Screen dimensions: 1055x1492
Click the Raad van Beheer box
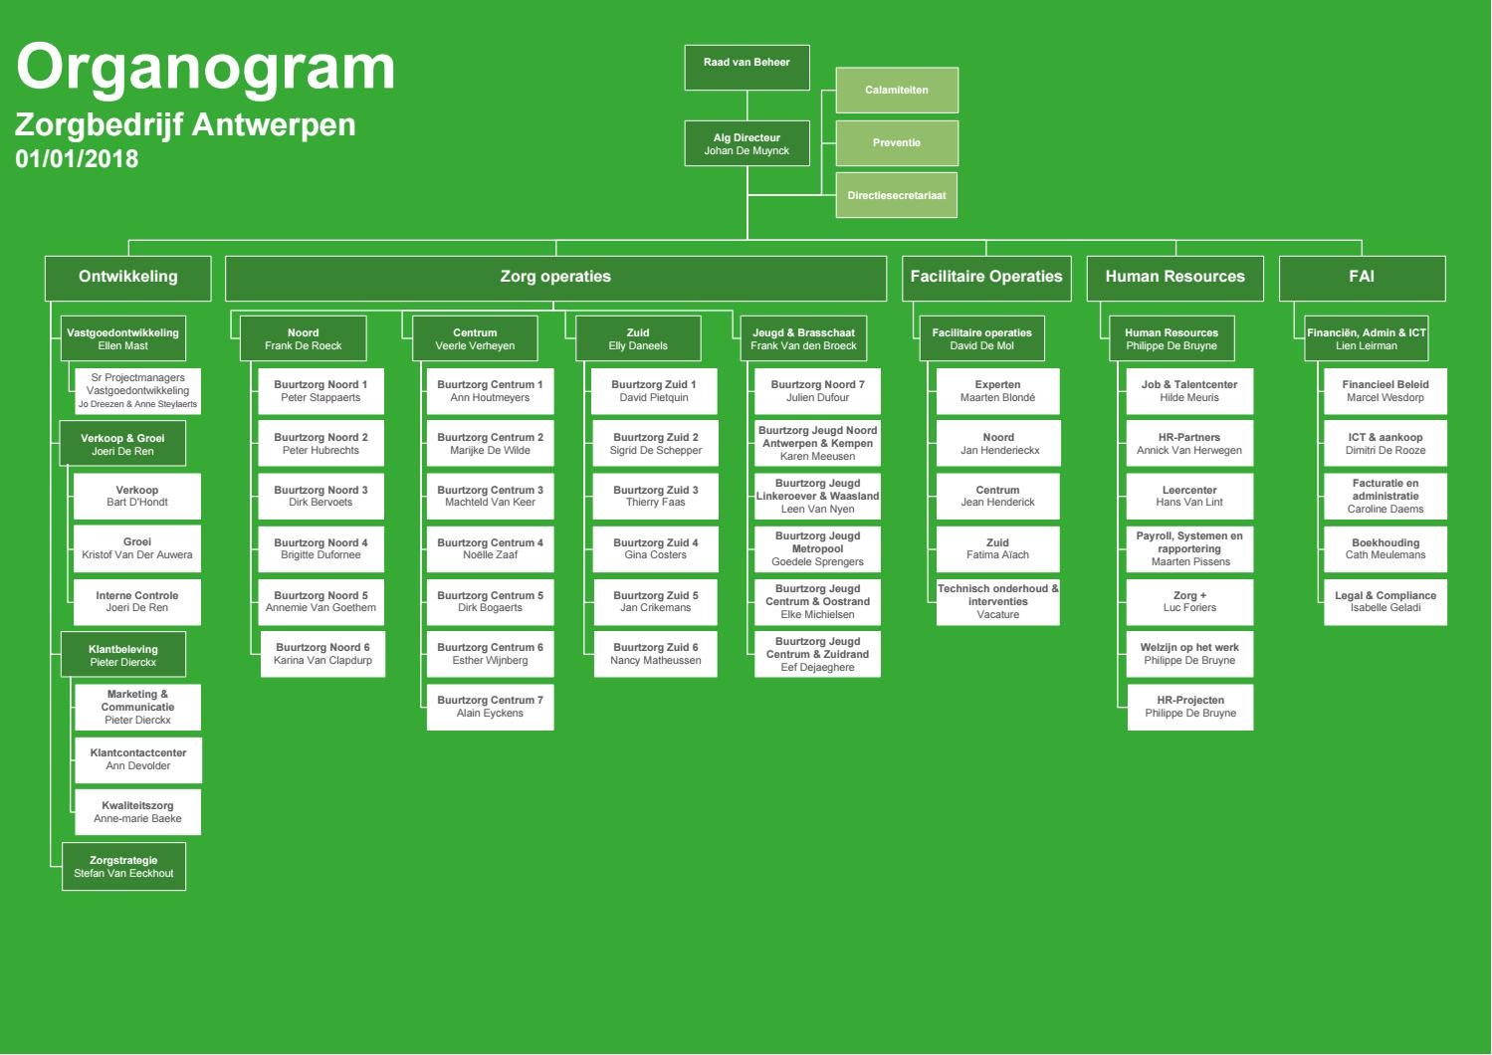[x=746, y=67]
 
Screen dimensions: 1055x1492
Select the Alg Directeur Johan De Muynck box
[x=746, y=144]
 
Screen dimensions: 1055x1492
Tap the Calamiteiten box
[x=896, y=91]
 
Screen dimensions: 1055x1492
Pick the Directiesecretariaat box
[x=896, y=196]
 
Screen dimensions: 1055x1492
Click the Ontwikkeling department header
[x=127, y=278]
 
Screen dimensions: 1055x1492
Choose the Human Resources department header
[x=1174, y=278]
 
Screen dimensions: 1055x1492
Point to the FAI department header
[x=1361, y=278]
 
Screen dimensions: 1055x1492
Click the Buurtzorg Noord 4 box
[x=320, y=549]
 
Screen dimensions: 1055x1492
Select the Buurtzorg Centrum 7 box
[x=490, y=707]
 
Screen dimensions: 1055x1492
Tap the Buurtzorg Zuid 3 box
[x=655, y=497]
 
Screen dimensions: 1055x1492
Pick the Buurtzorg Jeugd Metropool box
[x=817, y=549]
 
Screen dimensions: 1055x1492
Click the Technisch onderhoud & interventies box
[x=997, y=602]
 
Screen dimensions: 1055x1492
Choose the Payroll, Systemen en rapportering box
[x=1189, y=549]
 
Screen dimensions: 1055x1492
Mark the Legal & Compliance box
[x=1385, y=602]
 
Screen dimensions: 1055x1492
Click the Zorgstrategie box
[x=123, y=867]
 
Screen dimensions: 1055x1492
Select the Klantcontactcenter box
[x=137, y=760]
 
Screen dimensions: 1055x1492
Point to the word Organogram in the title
[x=206, y=68]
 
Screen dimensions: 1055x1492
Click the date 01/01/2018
[x=77, y=159]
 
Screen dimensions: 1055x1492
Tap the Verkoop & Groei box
[x=122, y=445]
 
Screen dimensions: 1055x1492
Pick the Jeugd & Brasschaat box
[x=803, y=339]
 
